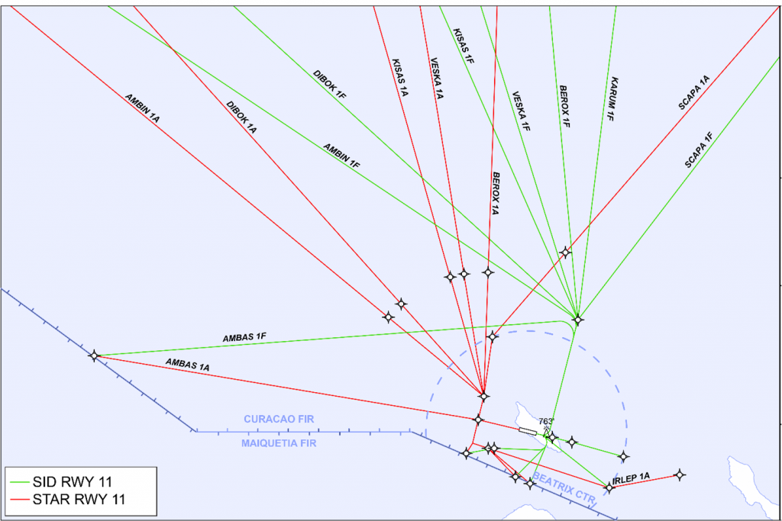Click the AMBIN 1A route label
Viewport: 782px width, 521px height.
tap(142, 108)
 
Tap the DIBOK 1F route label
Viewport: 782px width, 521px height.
tap(329, 84)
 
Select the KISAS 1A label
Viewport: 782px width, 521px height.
tap(400, 78)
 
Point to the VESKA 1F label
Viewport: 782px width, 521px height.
tap(521, 111)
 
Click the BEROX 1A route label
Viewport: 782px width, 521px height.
tap(495, 193)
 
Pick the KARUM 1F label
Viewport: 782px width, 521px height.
tap(612, 98)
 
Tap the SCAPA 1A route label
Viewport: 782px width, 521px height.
tap(693, 92)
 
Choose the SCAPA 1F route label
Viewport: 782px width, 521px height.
tap(698, 150)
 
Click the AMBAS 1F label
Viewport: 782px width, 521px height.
tap(244, 337)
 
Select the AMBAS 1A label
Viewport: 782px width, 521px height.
tap(188, 365)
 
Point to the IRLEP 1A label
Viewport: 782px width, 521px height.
tap(631, 478)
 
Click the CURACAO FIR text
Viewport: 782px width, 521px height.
tap(279, 420)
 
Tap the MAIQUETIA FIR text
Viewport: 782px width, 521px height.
tap(279, 443)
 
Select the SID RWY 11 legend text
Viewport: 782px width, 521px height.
tap(73, 482)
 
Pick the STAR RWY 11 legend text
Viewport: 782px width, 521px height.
tap(79, 500)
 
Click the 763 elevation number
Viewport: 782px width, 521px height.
tap(546, 421)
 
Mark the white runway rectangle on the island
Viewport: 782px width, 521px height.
tap(528, 431)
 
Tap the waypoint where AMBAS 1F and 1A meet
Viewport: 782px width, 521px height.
tap(94, 355)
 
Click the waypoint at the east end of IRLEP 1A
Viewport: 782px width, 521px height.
tap(679, 474)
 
